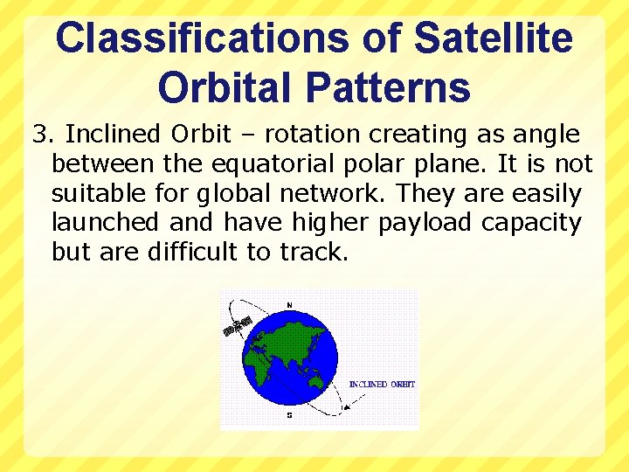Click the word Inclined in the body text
(114, 135)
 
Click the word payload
(426, 224)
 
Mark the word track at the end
(314, 253)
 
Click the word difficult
(191, 253)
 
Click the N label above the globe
(289, 304)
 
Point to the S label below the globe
(289, 415)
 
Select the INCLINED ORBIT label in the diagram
(382, 385)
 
